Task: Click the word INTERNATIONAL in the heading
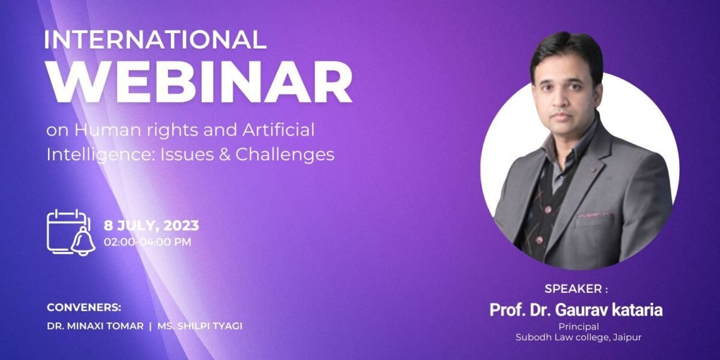[x=155, y=40]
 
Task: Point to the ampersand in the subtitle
[x=223, y=154]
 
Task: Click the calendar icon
[x=67, y=231]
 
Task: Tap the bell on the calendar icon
[x=82, y=241]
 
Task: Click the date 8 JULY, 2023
[x=151, y=226]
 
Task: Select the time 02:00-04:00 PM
[x=148, y=242]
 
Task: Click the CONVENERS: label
[x=84, y=308]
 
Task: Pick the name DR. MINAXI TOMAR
[x=95, y=326]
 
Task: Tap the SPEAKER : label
[x=576, y=289]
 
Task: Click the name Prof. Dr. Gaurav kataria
[x=577, y=310]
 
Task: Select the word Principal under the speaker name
[x=578, y=327]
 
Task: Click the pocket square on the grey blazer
[x=594, y=214]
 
